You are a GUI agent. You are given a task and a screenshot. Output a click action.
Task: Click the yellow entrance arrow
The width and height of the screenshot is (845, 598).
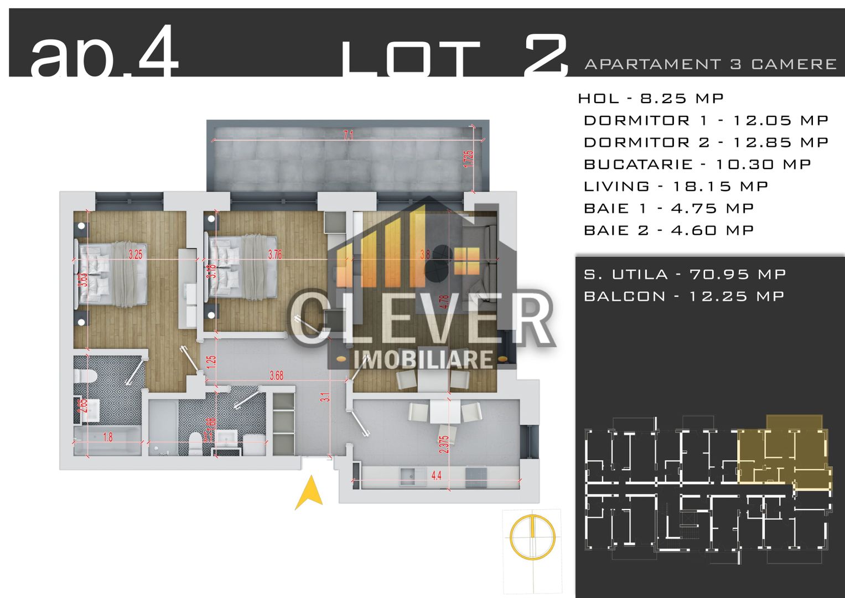tap(309, 492)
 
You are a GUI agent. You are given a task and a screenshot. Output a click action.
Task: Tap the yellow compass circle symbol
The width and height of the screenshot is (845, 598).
tap(532, 536)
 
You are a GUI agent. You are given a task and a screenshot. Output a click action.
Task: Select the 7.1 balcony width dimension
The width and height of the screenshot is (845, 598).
tap(348, 135)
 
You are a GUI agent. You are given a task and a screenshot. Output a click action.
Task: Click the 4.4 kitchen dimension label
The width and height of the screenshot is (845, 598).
tap(437, 475)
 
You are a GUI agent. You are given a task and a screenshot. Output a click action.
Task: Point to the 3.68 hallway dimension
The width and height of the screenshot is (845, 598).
tap(276, 375)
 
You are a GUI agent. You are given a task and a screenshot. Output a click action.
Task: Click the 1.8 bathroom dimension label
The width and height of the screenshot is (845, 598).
tap(108, 437)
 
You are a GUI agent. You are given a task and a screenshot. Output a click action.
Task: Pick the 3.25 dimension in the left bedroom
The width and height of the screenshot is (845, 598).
tap(135, 255)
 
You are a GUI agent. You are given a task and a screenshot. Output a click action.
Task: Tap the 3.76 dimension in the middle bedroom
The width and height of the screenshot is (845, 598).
tap(274, 255)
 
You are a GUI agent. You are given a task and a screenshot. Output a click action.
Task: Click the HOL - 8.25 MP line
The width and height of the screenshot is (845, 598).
tap(651, 99)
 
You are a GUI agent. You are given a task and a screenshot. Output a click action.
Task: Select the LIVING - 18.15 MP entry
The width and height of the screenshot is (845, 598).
tap(676, 187)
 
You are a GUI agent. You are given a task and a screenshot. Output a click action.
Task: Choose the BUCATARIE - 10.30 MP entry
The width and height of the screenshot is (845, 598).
tap(697, 164)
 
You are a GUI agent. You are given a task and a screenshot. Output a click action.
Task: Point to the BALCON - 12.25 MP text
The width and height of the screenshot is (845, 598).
tap(683, 296)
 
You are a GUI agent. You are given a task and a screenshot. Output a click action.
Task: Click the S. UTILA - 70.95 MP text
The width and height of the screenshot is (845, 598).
tap(685, 274)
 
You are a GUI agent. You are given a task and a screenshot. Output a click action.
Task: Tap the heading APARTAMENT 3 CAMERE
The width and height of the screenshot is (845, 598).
tap(710, 64)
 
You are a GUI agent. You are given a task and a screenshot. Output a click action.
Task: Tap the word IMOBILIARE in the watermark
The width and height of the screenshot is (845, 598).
tap(423, 359)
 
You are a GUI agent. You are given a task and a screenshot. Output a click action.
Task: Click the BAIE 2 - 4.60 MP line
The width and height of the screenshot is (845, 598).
tap(668, 230)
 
